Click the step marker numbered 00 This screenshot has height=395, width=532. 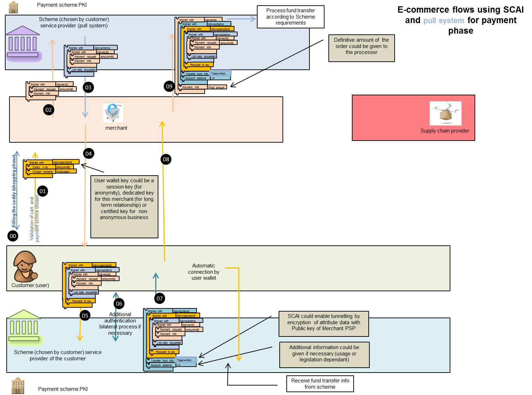pos(13,236)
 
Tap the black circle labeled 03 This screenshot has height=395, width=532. pos(88,87)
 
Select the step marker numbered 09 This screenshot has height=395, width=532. pos(169,86)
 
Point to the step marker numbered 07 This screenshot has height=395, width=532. pos(160,298)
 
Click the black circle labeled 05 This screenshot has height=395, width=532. pos(85,315)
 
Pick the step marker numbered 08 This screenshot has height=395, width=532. pos(166,159)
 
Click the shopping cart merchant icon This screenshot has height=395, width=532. pos(114,113)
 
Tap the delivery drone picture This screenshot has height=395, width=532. pos(445,113)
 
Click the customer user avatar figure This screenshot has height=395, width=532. pos(25,266)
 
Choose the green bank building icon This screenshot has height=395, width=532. pos(24,326)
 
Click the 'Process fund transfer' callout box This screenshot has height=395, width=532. pos(291,17)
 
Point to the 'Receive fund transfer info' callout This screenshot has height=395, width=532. pos(320,384)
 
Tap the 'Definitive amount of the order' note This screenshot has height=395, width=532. pos(361,48)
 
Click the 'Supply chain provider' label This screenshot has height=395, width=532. pos(445,131)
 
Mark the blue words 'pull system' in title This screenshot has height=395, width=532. pos(443,21)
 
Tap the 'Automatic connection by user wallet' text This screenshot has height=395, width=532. pos(204,272)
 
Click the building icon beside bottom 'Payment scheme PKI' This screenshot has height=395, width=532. pos(18,386)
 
